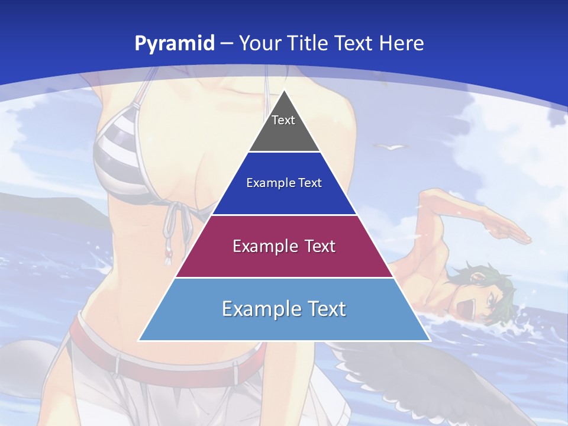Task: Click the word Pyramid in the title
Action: (174, 44)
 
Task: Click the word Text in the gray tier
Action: (283, 120)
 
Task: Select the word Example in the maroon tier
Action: (259, 246)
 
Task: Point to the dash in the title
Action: (227, 44)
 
